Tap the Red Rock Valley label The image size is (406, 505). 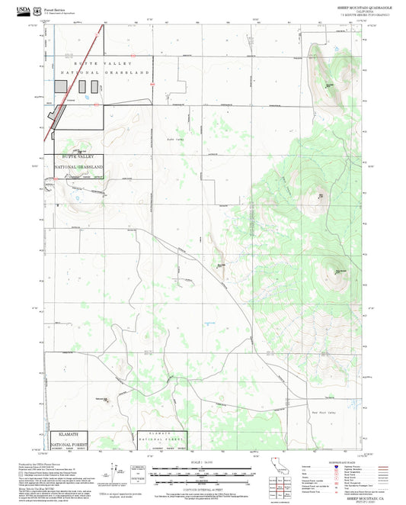coord(325,411)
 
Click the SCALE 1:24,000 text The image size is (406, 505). coord(202,462)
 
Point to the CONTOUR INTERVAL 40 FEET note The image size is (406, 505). coord(202,486)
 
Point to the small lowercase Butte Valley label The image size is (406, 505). coord(175,139)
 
